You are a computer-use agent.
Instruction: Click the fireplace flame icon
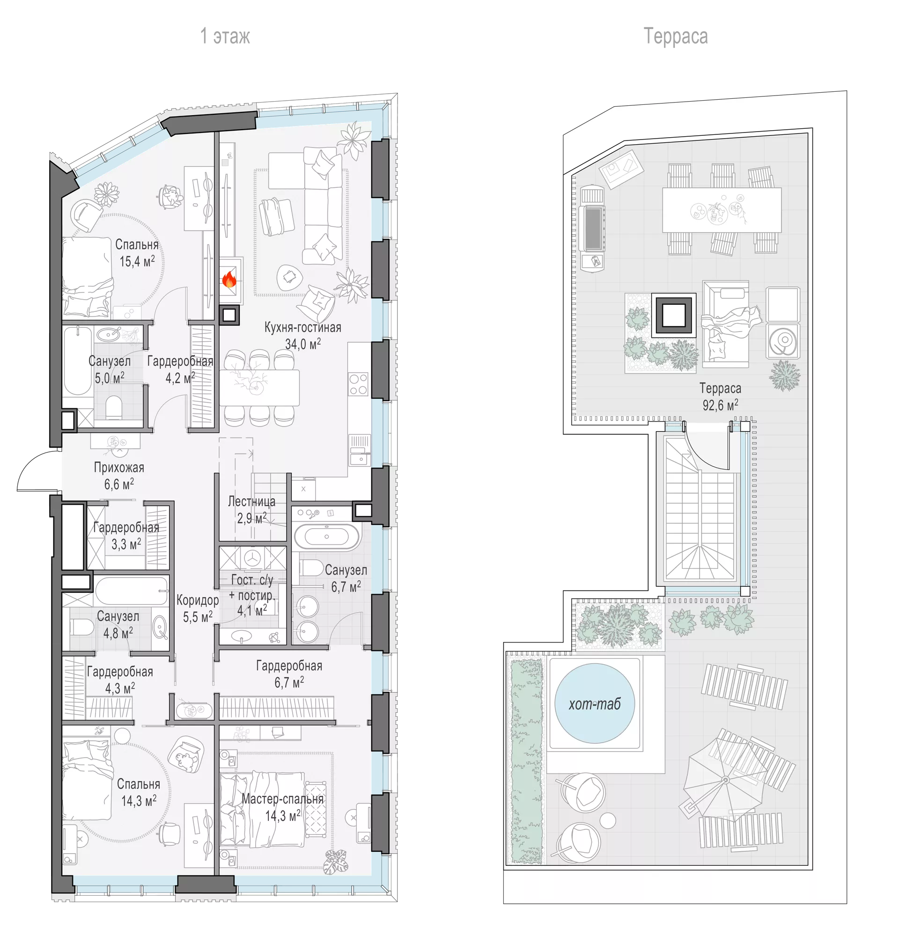pos(229,280)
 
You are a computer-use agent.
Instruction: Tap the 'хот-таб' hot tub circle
pos(594,704)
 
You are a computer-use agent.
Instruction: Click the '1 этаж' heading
pos(225,37)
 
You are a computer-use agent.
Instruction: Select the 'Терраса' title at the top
pos(675,37)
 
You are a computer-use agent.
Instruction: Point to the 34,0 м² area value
pos(303,344)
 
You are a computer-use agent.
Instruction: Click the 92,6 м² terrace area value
pos(720,405)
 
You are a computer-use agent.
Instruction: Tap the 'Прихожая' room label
pos(119,467)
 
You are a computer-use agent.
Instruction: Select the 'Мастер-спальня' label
pos(283,799)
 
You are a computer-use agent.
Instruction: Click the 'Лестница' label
pos(251,502)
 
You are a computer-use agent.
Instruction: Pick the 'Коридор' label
pos(198,600)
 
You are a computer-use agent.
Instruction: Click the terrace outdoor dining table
pos(722,210)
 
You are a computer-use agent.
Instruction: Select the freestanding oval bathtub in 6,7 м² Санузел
pos(326,537)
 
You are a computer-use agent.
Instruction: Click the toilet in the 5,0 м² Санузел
pos(114,407)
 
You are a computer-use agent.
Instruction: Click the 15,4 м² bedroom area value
pos(137,261)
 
